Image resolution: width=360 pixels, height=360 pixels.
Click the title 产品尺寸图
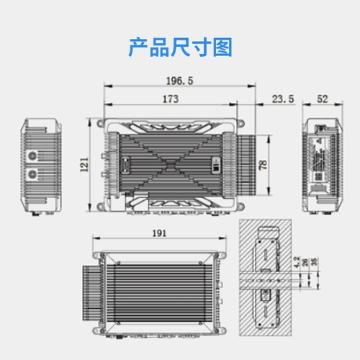click(180, 48)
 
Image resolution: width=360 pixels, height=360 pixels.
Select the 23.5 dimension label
click(282, 99)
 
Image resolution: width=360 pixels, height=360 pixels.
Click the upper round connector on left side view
click(32, 156)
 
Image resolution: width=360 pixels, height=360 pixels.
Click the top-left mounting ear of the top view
click(99, 123)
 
